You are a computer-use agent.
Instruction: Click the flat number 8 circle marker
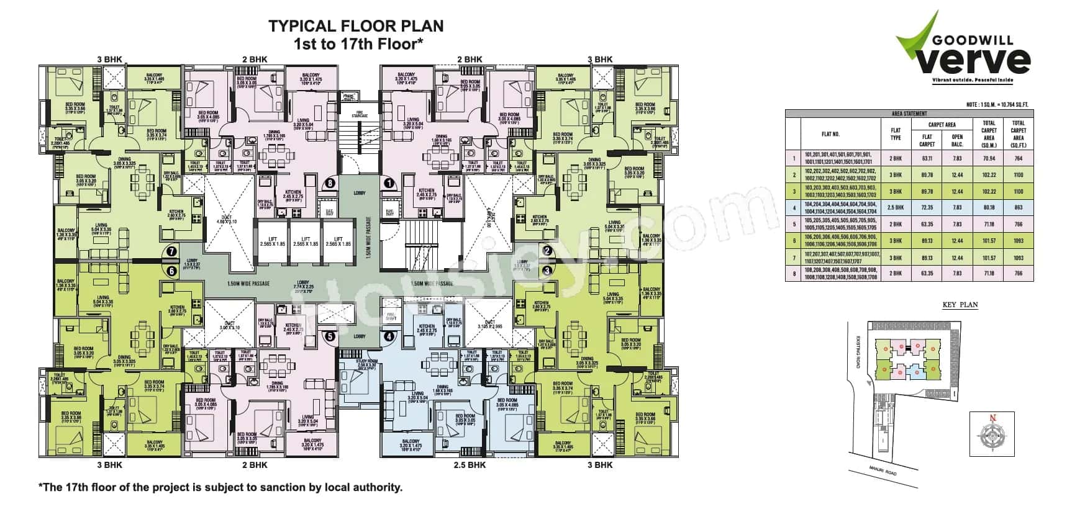pos(330,183)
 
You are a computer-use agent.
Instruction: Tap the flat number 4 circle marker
pos(389,337)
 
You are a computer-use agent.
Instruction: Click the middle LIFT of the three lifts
pos(306,241)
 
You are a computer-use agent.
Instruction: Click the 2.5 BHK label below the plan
pos(469,465)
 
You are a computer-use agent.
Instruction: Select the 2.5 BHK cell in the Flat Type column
pos(896,207)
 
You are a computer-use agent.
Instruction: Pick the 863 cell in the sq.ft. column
pos(1018,207)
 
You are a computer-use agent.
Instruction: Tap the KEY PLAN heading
pos(960,305)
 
